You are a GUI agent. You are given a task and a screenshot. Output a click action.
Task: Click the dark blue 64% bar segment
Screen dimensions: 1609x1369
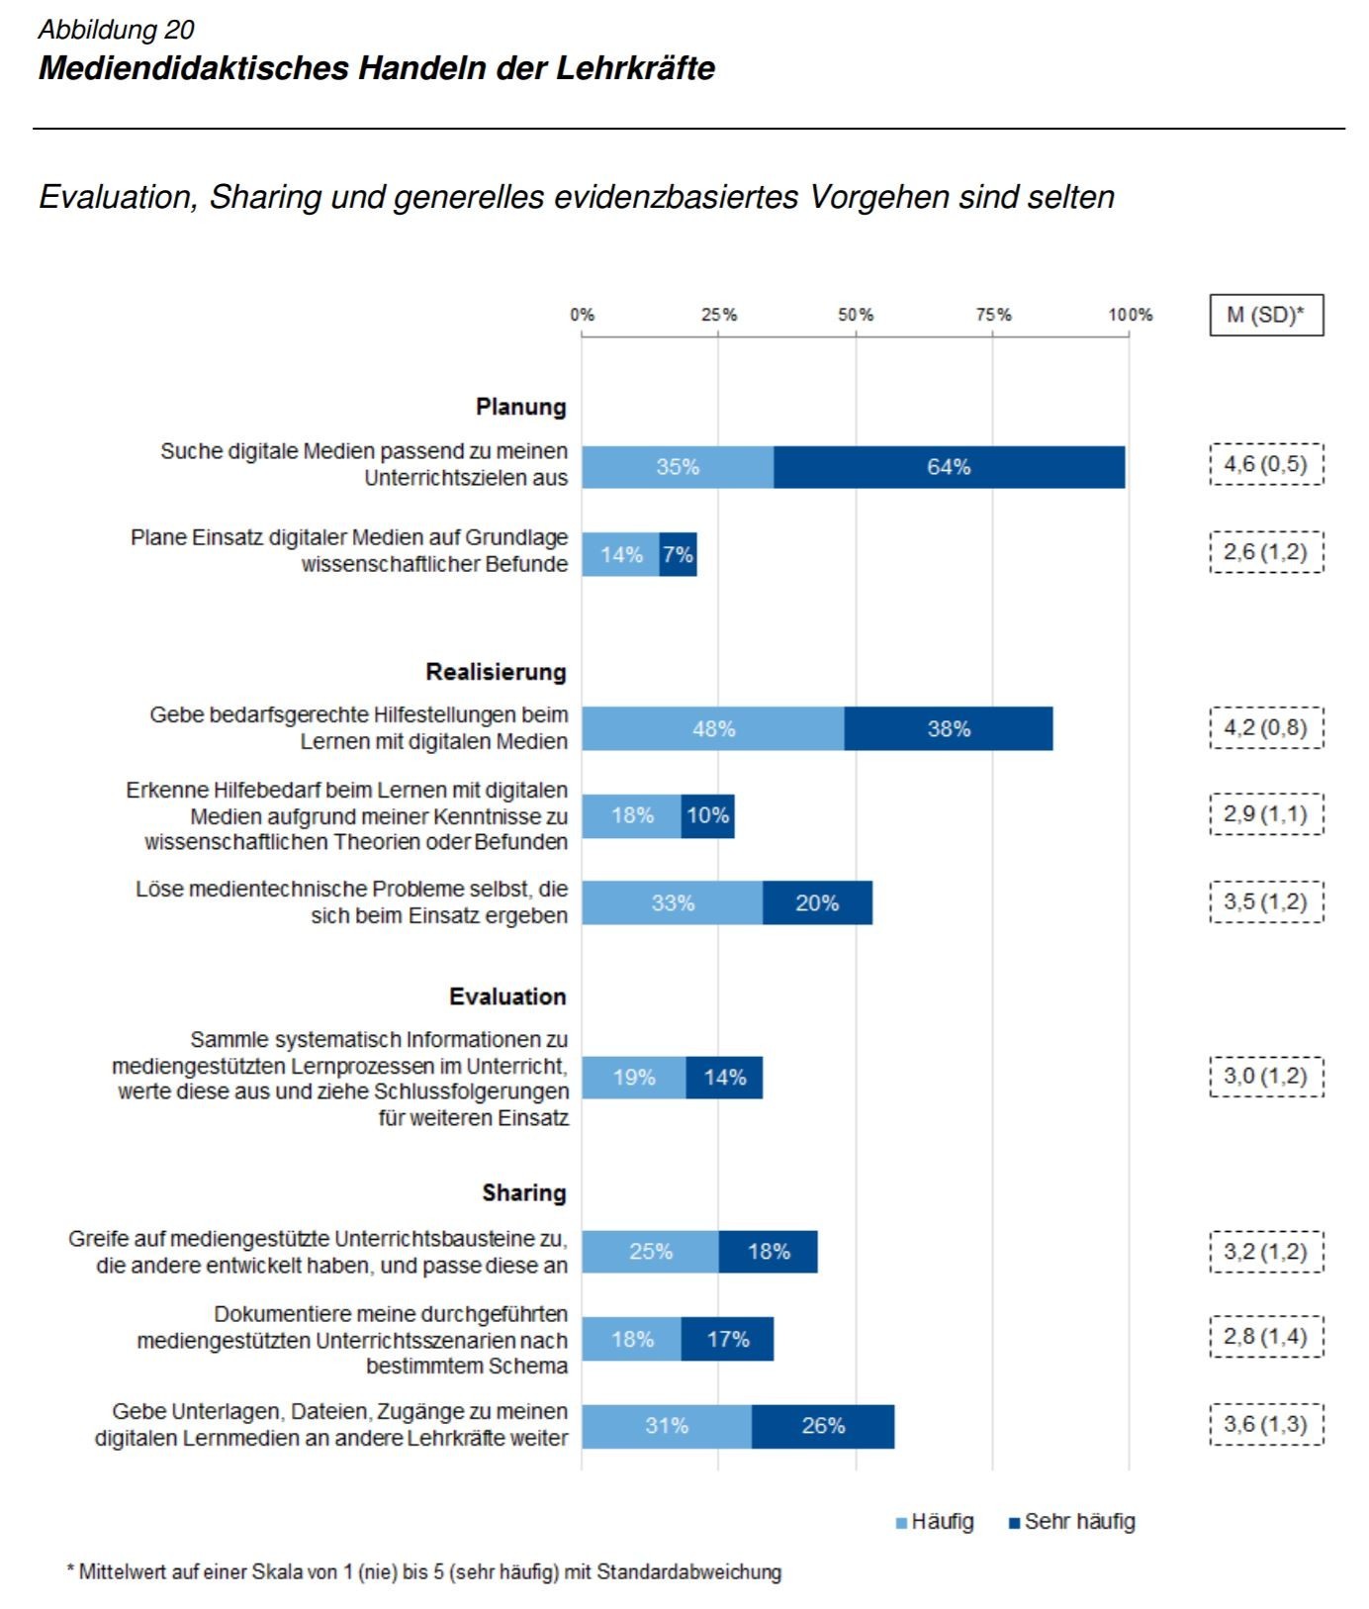tap(949, 467)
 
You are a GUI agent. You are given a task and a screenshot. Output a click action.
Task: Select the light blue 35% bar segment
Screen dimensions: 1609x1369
tap(678, 467)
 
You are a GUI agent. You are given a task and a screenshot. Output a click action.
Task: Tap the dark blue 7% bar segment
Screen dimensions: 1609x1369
tap(679, 554)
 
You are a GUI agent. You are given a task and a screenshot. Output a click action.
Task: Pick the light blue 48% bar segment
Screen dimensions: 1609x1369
tap(713, 729)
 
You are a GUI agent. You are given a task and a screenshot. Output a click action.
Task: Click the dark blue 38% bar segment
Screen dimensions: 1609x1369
tap(949, 729)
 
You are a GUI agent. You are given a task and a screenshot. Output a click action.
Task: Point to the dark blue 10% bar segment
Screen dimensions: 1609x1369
tap(708, 816)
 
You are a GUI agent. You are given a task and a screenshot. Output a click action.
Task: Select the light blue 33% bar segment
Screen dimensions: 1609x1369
tap(673, 902)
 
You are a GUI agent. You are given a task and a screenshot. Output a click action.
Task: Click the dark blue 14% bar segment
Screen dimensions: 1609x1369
tap(724, 1078)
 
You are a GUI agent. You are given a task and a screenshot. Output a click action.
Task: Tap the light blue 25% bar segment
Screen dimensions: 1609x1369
tap(650, 1252)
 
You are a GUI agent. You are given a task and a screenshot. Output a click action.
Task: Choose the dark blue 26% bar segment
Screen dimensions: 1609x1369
tap(823, 1426)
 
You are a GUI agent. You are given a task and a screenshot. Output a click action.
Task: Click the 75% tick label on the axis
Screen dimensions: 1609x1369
tap(994, 315)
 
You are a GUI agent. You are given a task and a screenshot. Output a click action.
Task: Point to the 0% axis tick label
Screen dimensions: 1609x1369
tap(582, 315)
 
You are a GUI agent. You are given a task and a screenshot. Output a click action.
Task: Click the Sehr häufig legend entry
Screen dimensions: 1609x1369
tap(1071, 1522)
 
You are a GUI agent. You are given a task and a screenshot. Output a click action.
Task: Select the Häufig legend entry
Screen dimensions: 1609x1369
tap(935, 1522)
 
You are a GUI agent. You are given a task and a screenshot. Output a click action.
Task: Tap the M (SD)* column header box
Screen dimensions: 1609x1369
tap(1266, 316)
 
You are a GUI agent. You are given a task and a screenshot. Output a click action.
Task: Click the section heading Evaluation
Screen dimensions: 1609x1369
tap(507, 996)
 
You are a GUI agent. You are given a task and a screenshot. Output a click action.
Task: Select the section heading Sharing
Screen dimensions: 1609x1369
tap(524, 1192)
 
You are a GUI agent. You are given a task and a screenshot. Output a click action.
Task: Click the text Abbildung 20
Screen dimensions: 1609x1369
tap(117, 30)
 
